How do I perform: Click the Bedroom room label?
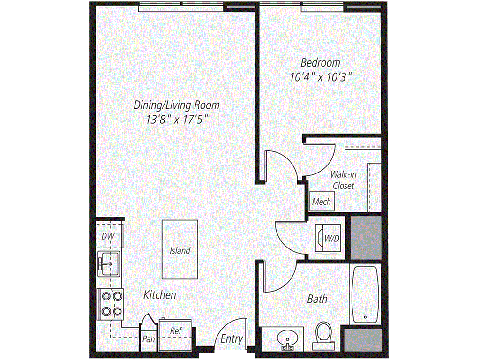pos(321,62)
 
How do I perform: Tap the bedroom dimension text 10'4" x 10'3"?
pos(321,77)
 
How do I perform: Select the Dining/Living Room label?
pos(177,105)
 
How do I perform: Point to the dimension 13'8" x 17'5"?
pos(177,120)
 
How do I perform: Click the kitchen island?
pos(180,249)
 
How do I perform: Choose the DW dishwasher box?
pos(109,236)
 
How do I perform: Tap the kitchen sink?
pos(109,264)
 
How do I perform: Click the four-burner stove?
pos(111,303)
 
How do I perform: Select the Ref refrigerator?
pos(175,334)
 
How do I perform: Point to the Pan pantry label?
pos(149,339)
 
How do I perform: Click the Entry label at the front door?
pos(232,339)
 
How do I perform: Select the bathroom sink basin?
pos(286,338)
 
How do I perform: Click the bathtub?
pos(365,294)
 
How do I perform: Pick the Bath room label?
pos(317,299)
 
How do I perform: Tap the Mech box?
pos(322,202)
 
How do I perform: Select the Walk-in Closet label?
pos(344,180)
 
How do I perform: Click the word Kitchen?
pos(160,295)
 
